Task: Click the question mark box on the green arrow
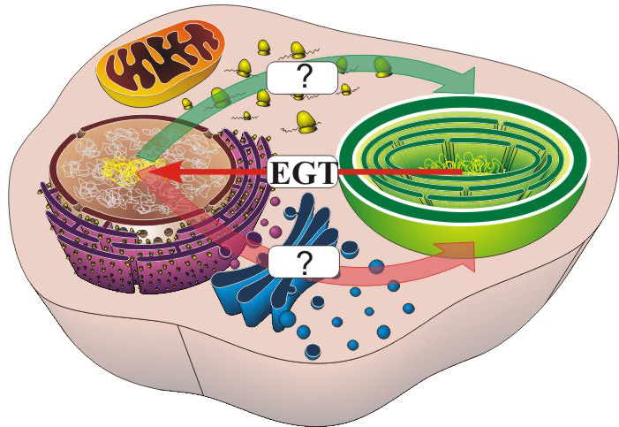tap(302, 77)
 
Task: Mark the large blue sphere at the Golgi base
tap(287, 317)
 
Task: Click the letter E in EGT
tap(279, 172)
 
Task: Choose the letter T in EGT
tap(323, 172)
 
